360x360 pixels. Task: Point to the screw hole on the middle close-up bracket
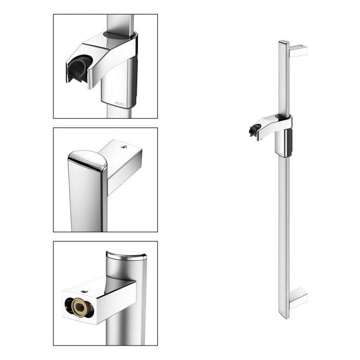(x=123, y=147)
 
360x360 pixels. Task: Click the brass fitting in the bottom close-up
(x=79, y=307)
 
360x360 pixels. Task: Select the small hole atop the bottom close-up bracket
(x=85, y=291)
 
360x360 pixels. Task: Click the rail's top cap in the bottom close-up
(x=126, y=255)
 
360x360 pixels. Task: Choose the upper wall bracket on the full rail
(x=298, y=51)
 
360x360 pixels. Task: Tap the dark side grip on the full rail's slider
(x=290, y=142)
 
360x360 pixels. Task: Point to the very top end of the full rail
(x=284, y=42)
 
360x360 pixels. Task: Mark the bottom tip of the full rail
(x=284, y=317)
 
